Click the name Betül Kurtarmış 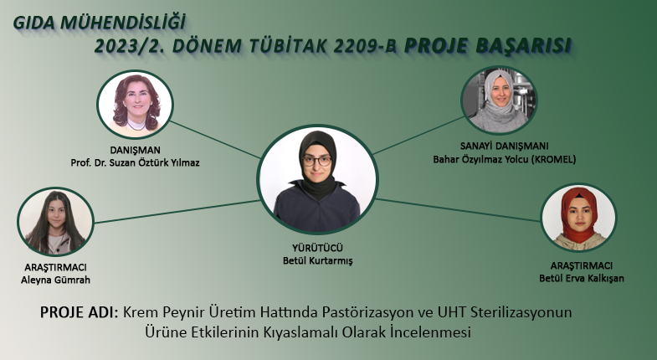[317, 260]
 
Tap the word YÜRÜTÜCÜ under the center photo [317, 248]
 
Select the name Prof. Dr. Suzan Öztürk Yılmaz [135, 162]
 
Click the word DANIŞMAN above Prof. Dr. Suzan [135, 150]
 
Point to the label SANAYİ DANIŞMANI [504, 147]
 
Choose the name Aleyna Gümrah [56, 280]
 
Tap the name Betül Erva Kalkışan [582, 278]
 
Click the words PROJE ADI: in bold [80, 312]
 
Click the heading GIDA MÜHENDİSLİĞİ [99, 23]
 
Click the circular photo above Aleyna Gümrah [56, 221]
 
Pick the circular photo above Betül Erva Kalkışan [578, 218]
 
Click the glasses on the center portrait [317, 161]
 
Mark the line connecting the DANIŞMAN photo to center [215, 140]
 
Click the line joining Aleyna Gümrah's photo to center [177, 212]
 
